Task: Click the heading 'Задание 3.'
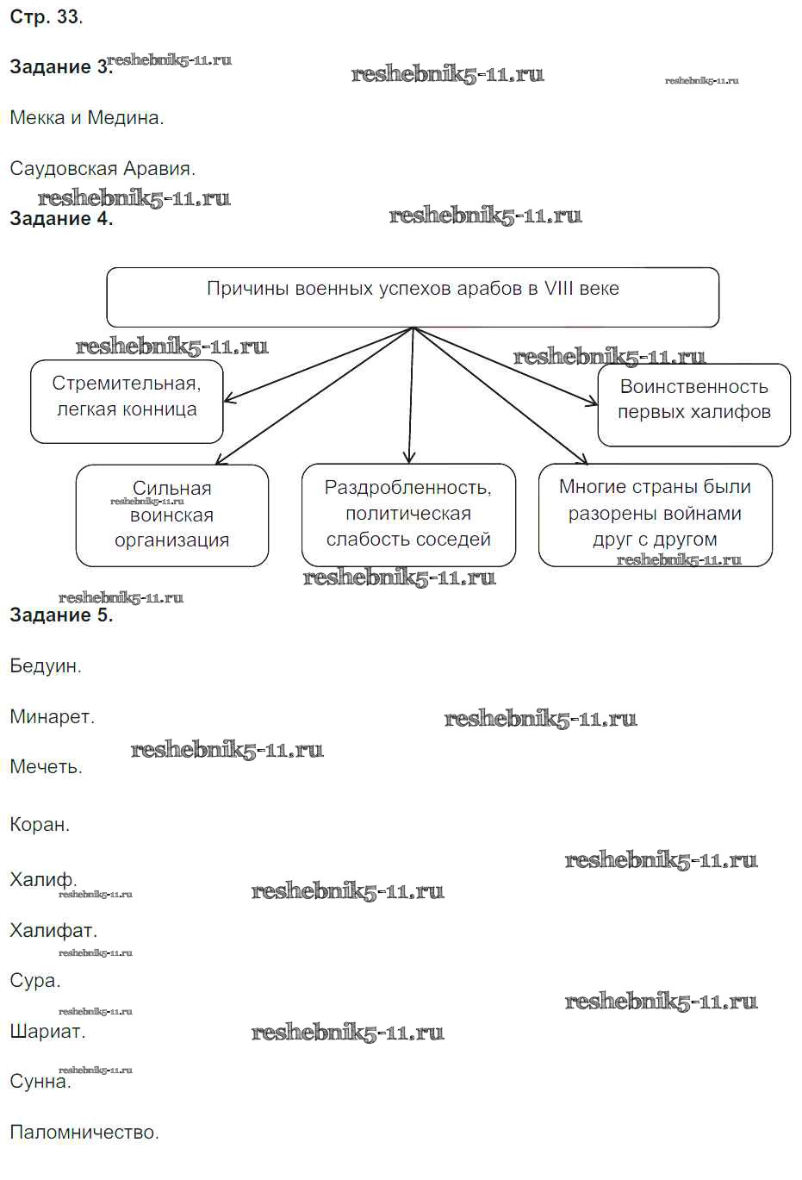(x=60, y=67)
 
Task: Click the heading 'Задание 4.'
(x=60, y=219)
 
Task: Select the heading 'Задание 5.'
(x=60, y=615)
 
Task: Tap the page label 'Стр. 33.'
(x=46, y=17)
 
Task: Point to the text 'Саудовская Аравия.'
(x=103, y=169)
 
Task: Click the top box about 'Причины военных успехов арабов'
(x=413, y=297)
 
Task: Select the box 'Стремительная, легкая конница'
(x=127, y=402)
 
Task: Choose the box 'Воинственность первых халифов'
(x=693, y=404)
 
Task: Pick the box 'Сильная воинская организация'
(x=172, y=515)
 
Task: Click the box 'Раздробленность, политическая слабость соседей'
(x=408, y=515)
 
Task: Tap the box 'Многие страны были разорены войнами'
(x=655, y=515)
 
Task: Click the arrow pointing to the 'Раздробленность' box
(x=411, y=396)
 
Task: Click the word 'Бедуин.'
(x=46, y=666)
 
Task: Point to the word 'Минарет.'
(x=52, y=717)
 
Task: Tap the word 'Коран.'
(x=40, y=825)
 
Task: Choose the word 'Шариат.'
(x=47, y=1032)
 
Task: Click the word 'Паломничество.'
(x=84, y=1133)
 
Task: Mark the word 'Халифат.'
(x=53, y=931)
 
